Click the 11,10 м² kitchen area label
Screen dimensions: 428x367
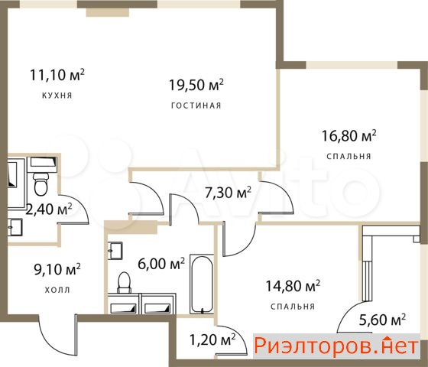pyautogui.click(x=57, y=75)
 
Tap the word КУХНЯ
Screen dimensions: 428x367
pyautogui.click(x=57, y=96)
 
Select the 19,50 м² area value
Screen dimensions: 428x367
pyautogui.click(x=196, y=84)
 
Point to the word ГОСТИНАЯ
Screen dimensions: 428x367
pyautogui.click(x=196, y=106)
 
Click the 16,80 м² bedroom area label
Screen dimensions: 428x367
pyautogui.click(x=349, y=135)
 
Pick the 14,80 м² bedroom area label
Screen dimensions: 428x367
pyautogui.click(x=293, y=286)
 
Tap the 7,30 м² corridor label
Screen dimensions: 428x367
pyautogui.click(x=228, y=193)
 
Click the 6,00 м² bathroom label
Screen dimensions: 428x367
pyautogui.click(x=161, y=264)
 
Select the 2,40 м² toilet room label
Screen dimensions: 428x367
pyautogui.click(x=49, y=209)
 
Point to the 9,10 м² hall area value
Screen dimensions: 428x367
pyautogui.click(x=57, y=269)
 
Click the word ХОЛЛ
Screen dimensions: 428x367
pyautogui.click(x=57, y=290)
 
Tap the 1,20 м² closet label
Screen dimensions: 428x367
pyautogui.click(x=212, y=340)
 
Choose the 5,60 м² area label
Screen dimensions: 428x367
pyautogui.click(x=382, y=320)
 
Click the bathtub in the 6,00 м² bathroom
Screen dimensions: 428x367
pyautogui.click(x=202, y=284)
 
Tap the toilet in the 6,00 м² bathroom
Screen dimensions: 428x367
pyautogui.click(x=124, y=282)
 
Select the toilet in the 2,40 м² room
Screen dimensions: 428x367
pyautogui.click(x=41, y=183)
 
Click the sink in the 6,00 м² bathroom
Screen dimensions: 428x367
pyautogui.click(x=115, y=251)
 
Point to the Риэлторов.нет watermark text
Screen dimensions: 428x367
pyautogui.click(x=336, y=346)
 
